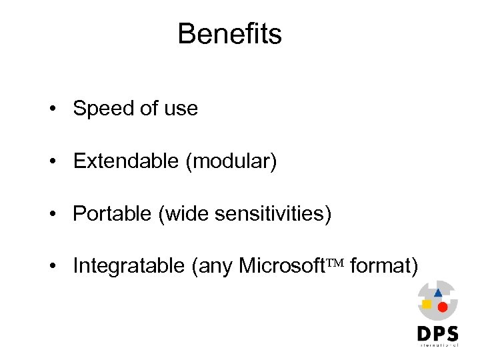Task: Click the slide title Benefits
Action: coord(229,34)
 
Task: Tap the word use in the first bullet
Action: coord(181,109)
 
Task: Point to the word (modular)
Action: coord(231,161)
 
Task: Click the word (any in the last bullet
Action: coord(213,267)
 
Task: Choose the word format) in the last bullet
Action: coord(384,266)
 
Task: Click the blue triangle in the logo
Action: coord(437,293)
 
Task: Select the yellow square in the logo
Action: coord(427,304)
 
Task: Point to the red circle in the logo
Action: coord(442,307)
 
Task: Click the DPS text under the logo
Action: coord(437,333)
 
